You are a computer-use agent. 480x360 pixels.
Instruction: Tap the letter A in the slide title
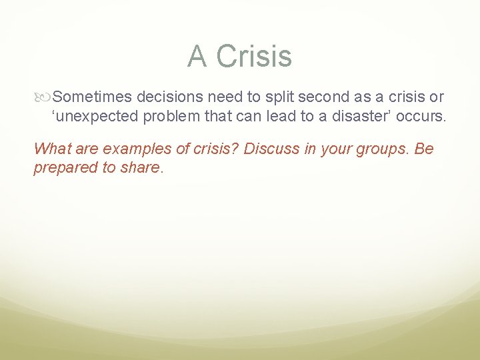tap(197, 56)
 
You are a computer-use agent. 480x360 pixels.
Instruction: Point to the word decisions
tap(169, 97)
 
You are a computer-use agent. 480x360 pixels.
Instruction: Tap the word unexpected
tap(99, 117)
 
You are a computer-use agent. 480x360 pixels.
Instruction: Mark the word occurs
tap(423, 117)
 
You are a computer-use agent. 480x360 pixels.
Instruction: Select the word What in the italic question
tap(51, 149)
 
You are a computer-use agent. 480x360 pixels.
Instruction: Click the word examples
tap(128, 149)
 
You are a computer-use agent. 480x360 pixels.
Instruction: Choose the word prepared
tap(65, 167)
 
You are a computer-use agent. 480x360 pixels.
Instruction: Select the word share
tap(141, 167)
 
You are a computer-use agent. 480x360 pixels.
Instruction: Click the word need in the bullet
tap(224, 97)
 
